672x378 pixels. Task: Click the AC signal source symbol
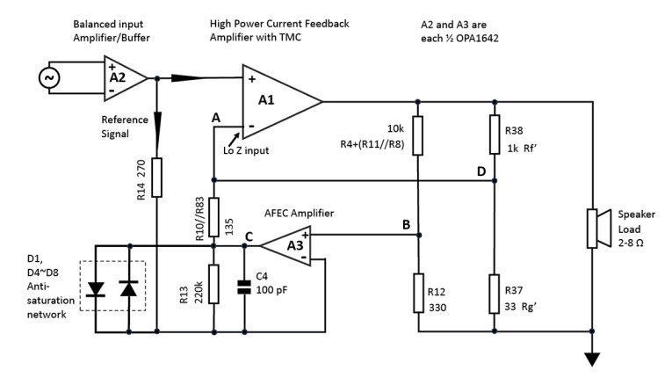[47, 77]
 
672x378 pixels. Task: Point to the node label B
[407, 225]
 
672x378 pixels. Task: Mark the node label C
[249, 236]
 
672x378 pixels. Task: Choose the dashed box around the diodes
[112, 287]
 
